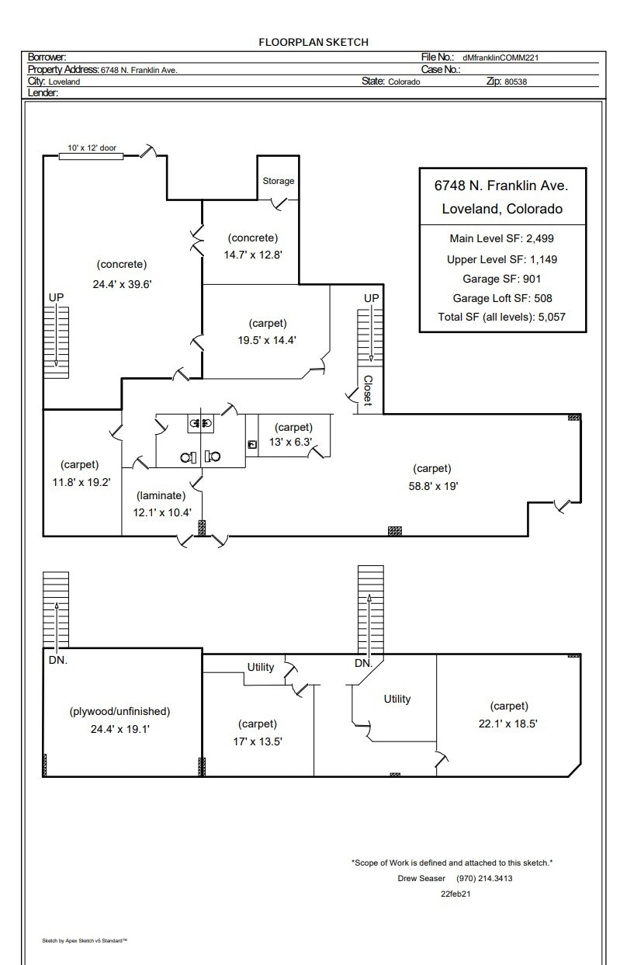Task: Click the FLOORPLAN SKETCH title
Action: click(313, 42)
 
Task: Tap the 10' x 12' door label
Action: click(92, 148)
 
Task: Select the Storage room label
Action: click(278, 181)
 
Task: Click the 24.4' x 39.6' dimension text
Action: click(122, 284)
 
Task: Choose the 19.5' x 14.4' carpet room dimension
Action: click(268, 339)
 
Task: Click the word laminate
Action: click(161, 495)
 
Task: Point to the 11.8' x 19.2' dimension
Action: click(77, 481)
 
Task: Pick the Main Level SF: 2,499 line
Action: click(501, 239)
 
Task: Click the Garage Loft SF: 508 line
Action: click(501, 298)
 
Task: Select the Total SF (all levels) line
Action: click(501, 317)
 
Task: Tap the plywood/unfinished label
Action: click(119, 711)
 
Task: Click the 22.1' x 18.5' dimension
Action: click(508, 723)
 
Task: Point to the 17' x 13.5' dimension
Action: click(257, 741)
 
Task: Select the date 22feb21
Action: click(455, 894)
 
